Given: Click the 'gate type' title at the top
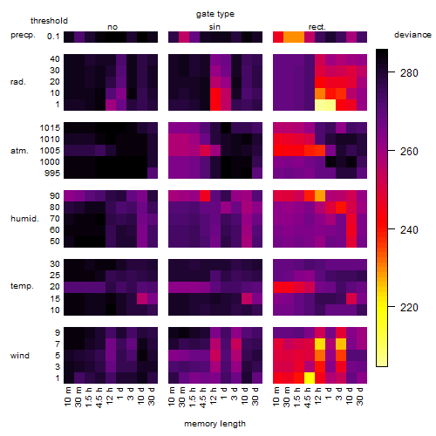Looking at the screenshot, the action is click(215, 14).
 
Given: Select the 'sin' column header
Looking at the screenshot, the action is click(215, 27).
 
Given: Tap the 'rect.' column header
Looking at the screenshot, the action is click(317, 27).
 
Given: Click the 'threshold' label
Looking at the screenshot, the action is click(49, 21).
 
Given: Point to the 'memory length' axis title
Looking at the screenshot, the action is click(215, 424).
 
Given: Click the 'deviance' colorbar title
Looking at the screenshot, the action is click(412, 35).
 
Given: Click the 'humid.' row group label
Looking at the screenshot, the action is click(24, 219).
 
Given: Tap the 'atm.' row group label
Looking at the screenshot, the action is click(19, 151).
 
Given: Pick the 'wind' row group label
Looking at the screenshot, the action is click(20, 356).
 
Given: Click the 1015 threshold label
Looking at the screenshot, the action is click(50, 128).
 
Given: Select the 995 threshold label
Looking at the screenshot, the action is click(52, 174).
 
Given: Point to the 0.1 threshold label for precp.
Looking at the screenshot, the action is click(53, 37).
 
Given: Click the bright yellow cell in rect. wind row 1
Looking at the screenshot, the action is click(310, 378).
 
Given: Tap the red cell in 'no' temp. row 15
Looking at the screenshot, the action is click(142, 299).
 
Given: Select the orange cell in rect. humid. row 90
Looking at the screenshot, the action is click(320, 196).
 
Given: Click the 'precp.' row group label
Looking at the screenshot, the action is click(23, 35).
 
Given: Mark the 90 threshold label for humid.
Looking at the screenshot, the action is click(55, 196).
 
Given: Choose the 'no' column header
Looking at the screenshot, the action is click(112, 27).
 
